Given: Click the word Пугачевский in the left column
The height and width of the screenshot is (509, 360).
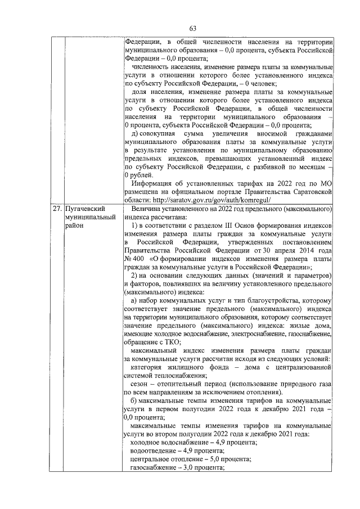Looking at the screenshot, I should [85, 208].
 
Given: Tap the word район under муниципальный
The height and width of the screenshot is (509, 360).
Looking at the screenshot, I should [75, 226].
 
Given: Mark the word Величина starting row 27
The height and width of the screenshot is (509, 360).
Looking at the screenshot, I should [147, 208].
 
